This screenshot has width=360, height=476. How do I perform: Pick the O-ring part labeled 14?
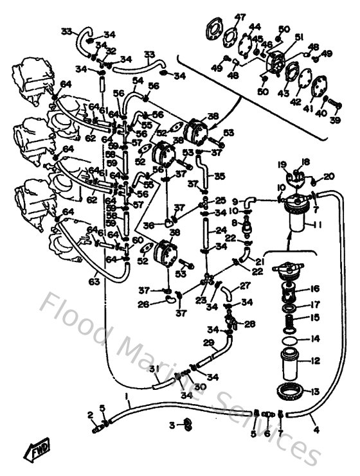[x=290, y=339]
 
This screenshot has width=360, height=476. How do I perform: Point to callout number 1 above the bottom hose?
[x=127, y=396]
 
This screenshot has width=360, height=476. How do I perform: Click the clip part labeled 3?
[x=187, y=424]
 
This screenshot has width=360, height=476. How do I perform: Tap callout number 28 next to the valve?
[x=250, y=324]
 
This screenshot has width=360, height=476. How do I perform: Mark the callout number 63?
[x=94, y=281]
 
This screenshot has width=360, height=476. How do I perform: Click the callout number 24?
[x=221, y=231]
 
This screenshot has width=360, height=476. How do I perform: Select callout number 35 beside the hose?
[x=219, y=175]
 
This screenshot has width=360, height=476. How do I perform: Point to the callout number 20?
[x=329, y=176]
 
